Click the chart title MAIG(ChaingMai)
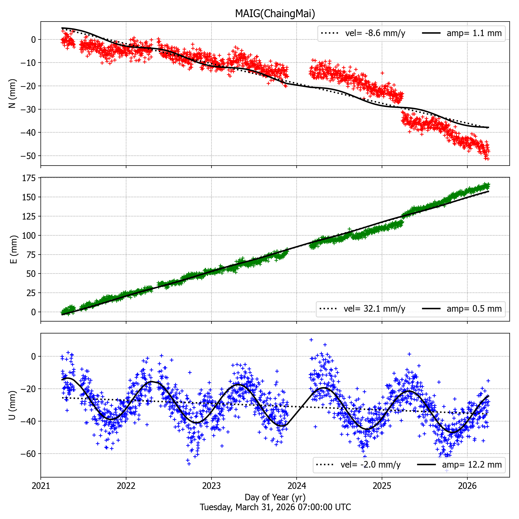(275, 13)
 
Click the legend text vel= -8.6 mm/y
(375, 33)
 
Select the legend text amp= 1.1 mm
(474, 33)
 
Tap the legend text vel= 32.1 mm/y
(374, 309)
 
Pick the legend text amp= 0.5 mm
(474, 309)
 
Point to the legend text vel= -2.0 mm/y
(371, 465)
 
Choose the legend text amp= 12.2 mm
(472, 465)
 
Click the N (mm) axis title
(12, 93)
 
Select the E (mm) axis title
(13, 249)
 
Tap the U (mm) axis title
(12, 405)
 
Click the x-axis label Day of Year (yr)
(275, 497)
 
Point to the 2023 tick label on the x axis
(211, 486)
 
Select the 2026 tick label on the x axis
(467, 486)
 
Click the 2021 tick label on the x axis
(41, 486)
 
